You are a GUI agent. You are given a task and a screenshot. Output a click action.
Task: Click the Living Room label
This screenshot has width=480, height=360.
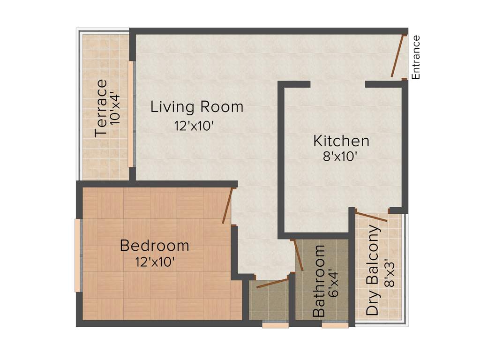pos(197,107)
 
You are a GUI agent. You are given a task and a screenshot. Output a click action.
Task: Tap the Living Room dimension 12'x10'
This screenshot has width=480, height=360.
pos(195,126)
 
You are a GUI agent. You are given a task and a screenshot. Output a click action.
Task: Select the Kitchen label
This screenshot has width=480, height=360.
pos(341,141)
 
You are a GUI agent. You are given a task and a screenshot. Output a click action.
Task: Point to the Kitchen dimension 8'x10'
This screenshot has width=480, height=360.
pos(341,157)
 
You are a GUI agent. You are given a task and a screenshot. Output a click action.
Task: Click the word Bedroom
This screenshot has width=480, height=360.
pos(155,245)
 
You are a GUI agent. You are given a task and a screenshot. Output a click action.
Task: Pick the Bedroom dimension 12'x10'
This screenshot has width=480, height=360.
pos(156,262)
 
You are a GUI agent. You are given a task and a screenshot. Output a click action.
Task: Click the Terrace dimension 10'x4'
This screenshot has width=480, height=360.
pos(116,108)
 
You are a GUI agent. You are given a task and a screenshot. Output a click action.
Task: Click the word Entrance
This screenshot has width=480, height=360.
pos(416,57)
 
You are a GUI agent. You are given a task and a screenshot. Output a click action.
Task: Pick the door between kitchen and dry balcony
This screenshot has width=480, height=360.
pos(371,217)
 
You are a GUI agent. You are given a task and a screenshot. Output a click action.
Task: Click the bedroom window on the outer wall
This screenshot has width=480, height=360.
pos(78,255)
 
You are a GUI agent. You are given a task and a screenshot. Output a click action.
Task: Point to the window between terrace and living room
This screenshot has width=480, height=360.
pos(131,113)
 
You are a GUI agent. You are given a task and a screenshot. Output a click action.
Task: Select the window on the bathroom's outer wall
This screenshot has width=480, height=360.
pos(335,324)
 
